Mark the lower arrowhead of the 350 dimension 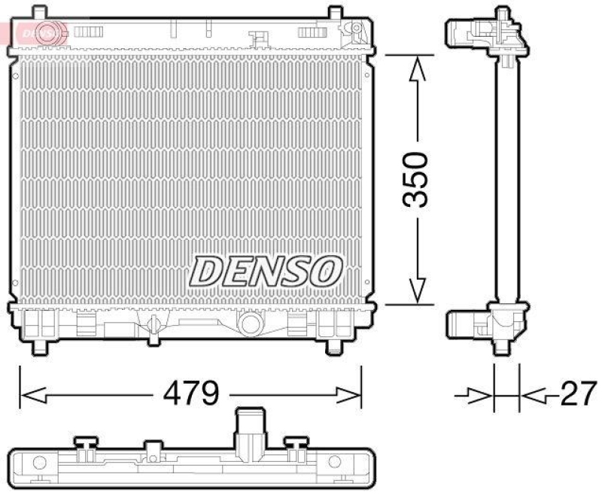coord(416,290)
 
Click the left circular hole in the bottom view coord(41,462)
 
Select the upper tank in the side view coord(483,33)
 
